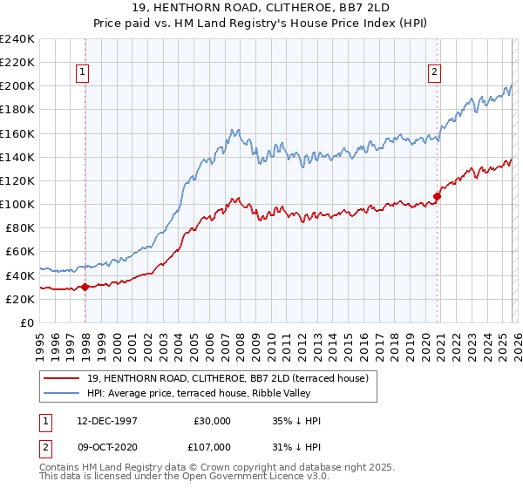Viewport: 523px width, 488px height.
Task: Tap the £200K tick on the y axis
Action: point(17,86)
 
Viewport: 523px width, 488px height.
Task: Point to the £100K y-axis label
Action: point(17,204)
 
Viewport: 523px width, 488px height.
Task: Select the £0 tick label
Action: point(25,322)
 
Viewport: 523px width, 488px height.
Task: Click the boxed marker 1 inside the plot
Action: point(83,73)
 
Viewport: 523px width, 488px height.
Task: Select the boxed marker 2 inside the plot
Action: point(433,73)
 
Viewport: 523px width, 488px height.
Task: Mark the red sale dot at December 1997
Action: point(85,287)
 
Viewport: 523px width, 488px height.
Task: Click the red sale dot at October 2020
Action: point(437,196)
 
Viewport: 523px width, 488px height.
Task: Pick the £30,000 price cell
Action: point(213,420)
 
